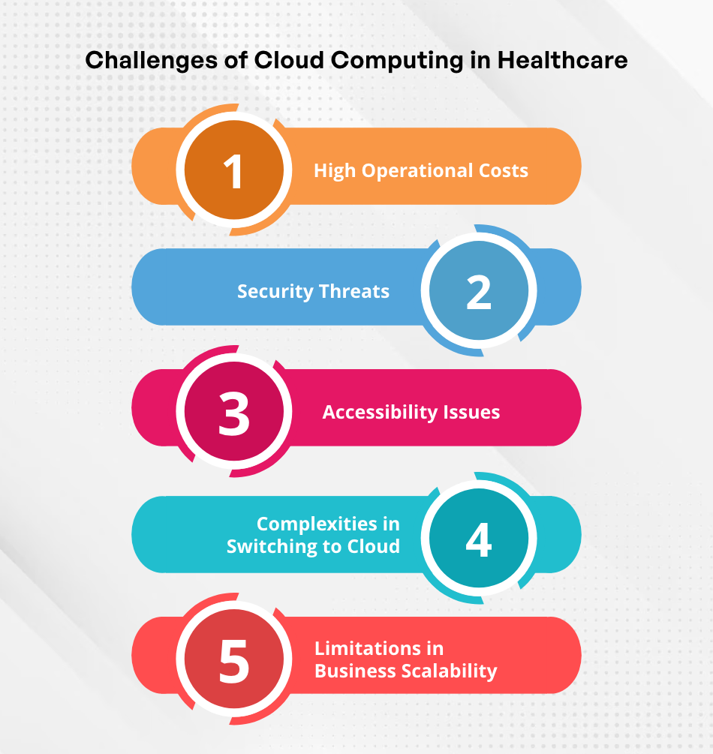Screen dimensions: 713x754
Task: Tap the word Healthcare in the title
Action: click(562, 60)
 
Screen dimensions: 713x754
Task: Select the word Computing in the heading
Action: click(397, 62)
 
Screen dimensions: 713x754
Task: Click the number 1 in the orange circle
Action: click(233, 171)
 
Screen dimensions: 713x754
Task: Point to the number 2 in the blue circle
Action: click(479, 293)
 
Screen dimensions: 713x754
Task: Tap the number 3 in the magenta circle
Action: click(234, 413)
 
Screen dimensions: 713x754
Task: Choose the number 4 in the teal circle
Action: click(479, 540)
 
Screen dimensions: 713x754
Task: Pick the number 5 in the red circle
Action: click(234, 661)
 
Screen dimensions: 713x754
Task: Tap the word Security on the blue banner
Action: click(275, 292)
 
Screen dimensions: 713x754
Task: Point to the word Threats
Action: click(354, 291)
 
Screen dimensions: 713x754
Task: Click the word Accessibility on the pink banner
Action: click(380, 413)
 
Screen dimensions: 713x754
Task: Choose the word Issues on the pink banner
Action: click(471, 412)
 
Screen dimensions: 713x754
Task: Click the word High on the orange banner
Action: click(335, 171)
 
